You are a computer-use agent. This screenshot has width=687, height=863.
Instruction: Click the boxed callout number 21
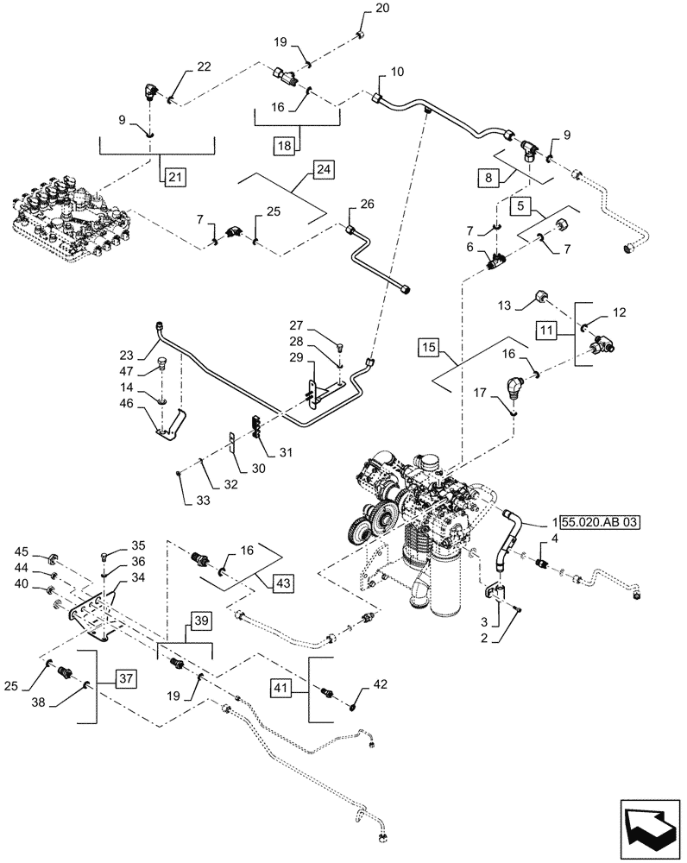point(174,177)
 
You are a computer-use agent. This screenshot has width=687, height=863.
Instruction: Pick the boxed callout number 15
point(429,348)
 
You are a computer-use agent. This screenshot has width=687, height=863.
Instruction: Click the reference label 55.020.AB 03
point(596,522)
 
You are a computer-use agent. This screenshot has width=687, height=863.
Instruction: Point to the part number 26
point(367,205)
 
